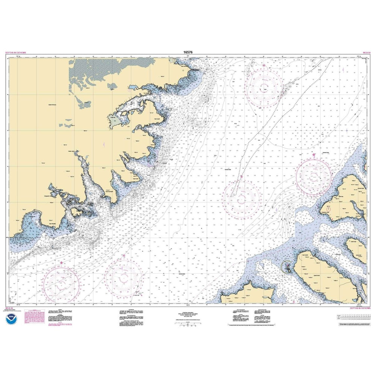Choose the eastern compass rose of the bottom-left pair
tap(124, 277)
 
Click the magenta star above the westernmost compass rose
tap(62, 262)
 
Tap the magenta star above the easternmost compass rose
tap(314, 155)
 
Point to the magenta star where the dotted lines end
tap(241, 176)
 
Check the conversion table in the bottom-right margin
tap(353, 317)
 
